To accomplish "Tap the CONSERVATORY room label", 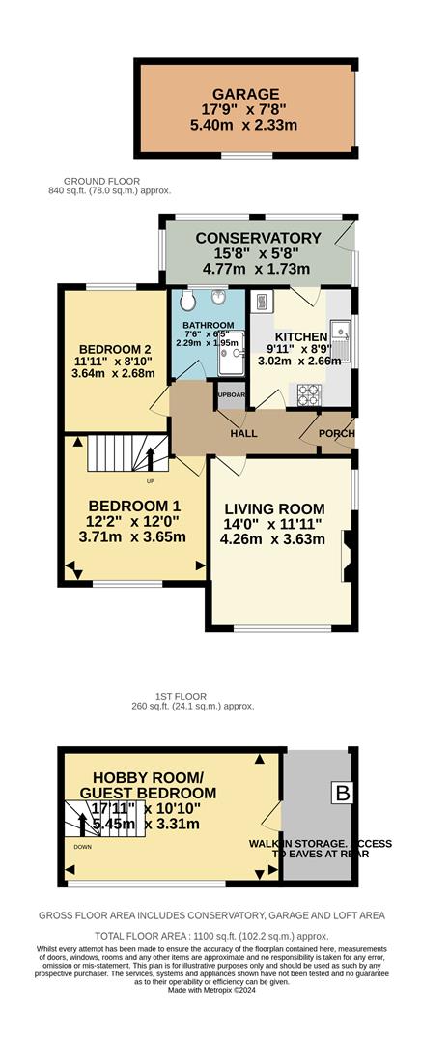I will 258,238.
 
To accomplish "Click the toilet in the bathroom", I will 187,300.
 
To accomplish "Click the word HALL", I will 243,433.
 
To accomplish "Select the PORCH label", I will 336,433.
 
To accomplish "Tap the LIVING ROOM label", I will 274,509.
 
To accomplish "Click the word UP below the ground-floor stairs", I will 150,480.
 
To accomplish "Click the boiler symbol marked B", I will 342,795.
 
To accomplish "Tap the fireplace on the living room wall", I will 347,557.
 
